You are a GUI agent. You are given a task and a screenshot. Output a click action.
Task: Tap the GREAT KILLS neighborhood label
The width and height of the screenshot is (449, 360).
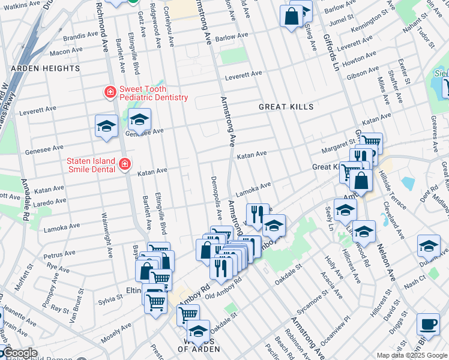tap(286, 107)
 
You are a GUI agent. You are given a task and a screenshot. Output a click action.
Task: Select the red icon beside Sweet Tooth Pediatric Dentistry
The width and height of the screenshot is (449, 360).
tap(110, 92)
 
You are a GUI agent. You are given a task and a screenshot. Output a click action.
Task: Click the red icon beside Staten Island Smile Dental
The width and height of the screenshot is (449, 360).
tap(125, 164)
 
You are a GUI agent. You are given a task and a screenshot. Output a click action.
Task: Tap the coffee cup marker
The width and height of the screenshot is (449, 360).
tap(428, 323)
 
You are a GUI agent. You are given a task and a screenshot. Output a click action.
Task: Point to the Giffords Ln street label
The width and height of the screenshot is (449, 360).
tap(333, 49)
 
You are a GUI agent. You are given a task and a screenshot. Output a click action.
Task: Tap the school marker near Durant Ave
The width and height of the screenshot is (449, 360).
tap(429, 246)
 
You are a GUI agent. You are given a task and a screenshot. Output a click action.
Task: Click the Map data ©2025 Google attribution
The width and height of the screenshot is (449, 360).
tap(412, 355)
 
